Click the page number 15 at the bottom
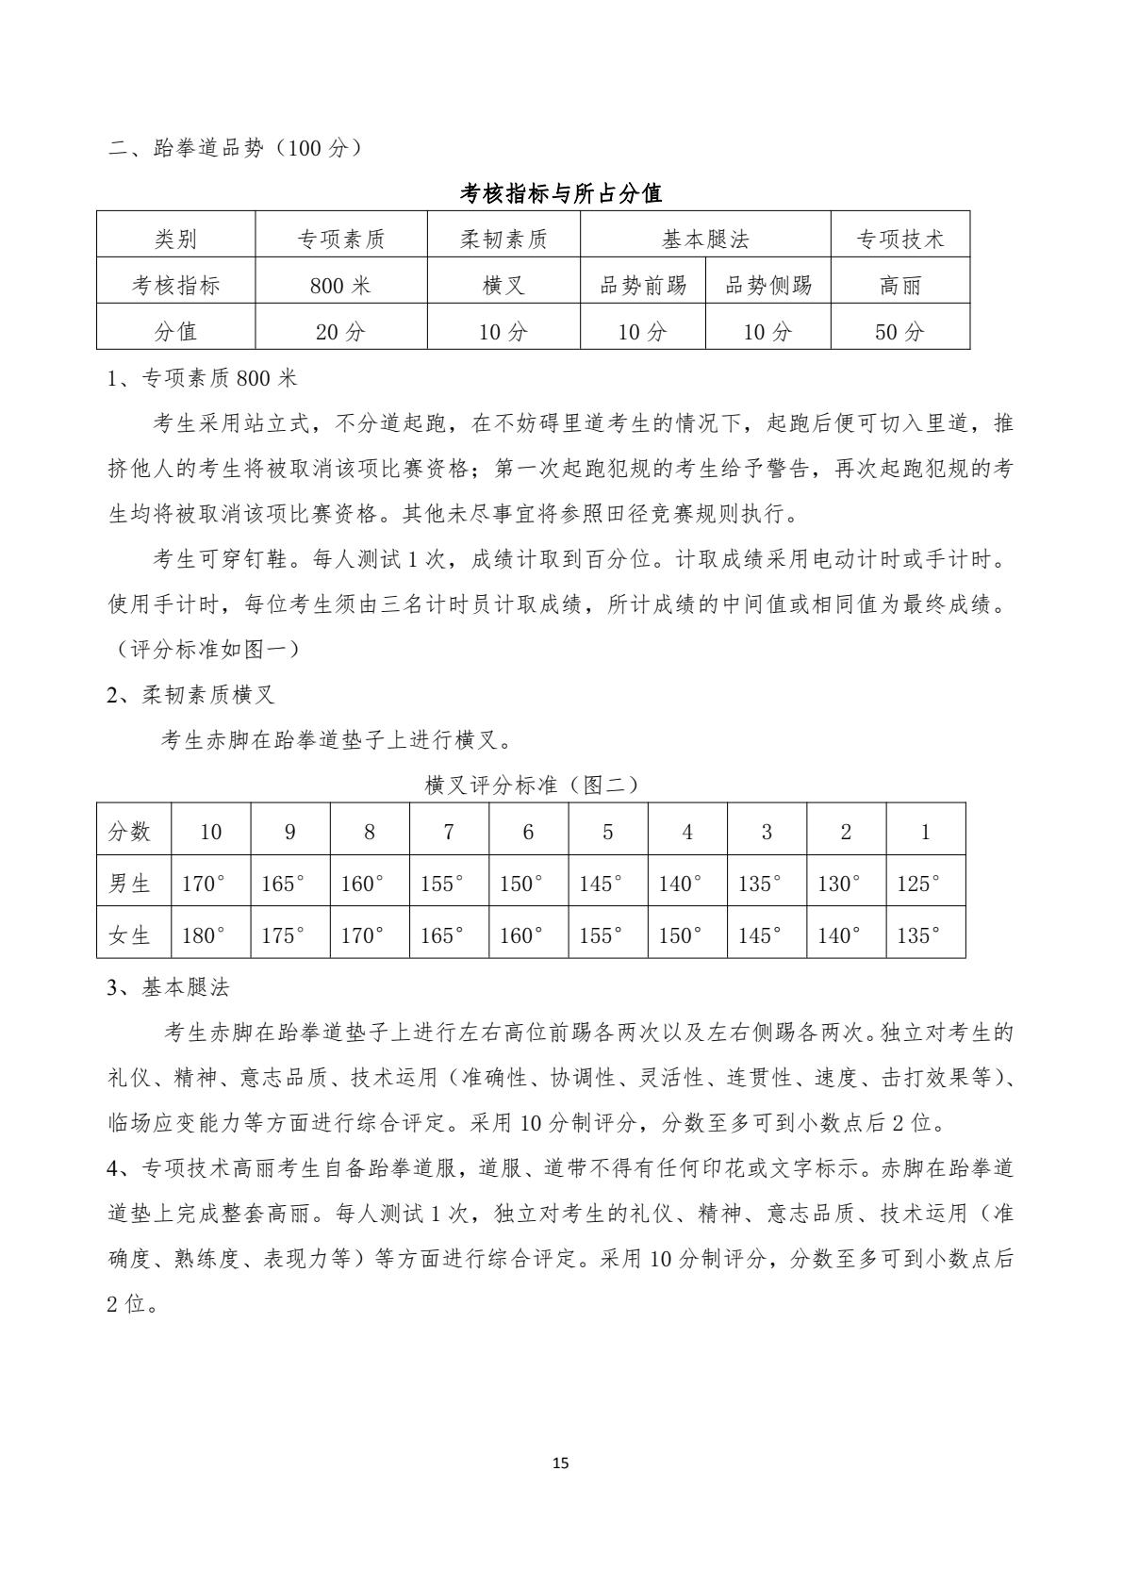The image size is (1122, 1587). click(561, 1463)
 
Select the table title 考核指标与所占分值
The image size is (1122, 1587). click(561, 194)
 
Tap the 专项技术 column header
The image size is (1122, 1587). click(899, 240)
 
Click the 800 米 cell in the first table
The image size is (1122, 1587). click(340, 286)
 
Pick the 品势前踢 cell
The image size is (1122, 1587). click(643, 286)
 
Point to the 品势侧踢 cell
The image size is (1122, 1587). click(767, 286)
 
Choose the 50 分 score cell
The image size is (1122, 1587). click(899, 331)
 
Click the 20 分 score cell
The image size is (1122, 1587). click(340, 331)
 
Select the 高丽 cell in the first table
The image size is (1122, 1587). click(899, 286)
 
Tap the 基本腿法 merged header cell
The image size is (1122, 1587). click(705, 240)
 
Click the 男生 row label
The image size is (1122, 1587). click(130, 884)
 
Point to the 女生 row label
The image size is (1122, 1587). click(130, 935)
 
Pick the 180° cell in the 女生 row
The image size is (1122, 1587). click(204, 935)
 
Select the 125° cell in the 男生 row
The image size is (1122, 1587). click(917, 884)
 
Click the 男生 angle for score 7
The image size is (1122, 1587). click(442, 884)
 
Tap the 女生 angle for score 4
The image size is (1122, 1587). click(680, 935)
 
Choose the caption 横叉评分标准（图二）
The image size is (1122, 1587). click(532, 785)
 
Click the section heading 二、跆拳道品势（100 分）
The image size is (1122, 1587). click(236, 148)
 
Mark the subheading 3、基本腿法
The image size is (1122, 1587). click(168, 988)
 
